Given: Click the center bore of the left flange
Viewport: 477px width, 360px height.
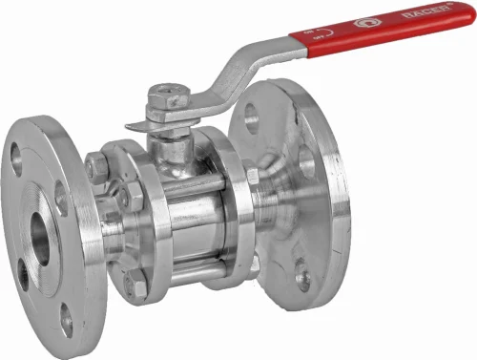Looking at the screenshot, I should coord(41,235).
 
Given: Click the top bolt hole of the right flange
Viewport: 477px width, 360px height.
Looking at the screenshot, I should coord(251,116).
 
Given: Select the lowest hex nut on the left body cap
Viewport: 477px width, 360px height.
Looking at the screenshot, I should coord(136,284).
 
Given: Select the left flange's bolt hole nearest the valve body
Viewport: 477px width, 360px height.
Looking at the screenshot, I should coord(61,196).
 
